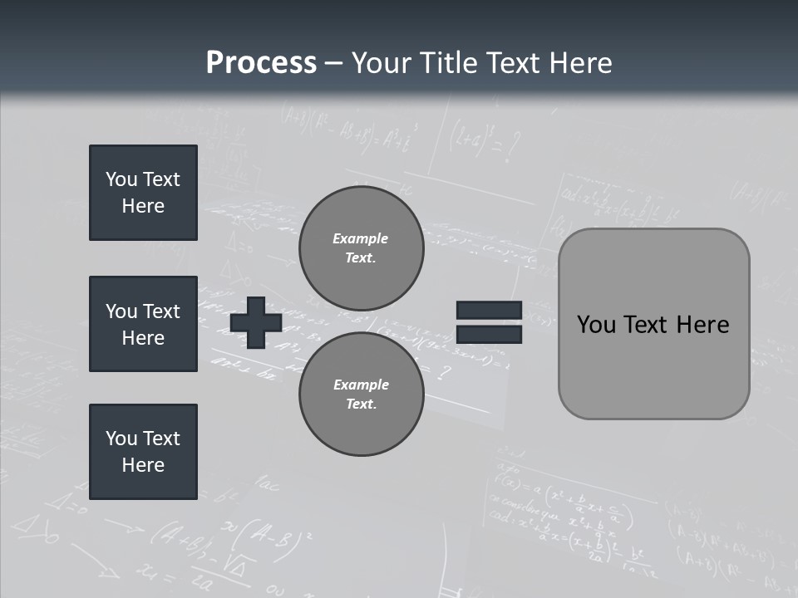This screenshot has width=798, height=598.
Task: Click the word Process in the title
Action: [x=261, y=63]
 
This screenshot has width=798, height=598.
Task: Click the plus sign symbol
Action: [x=256, y=322]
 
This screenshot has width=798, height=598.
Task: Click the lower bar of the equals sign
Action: [x=489, y=334]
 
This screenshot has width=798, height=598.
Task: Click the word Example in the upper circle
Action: [x=361, y=238]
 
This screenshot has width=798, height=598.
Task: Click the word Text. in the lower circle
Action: [x=361, y=404]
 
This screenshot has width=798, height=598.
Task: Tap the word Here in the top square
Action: [x=143, y=206]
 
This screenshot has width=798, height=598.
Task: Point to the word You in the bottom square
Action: [x=121, y=439]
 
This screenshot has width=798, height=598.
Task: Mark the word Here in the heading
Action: [x=580, y=63]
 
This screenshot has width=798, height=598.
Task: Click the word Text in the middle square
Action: [x=161, y=311]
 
